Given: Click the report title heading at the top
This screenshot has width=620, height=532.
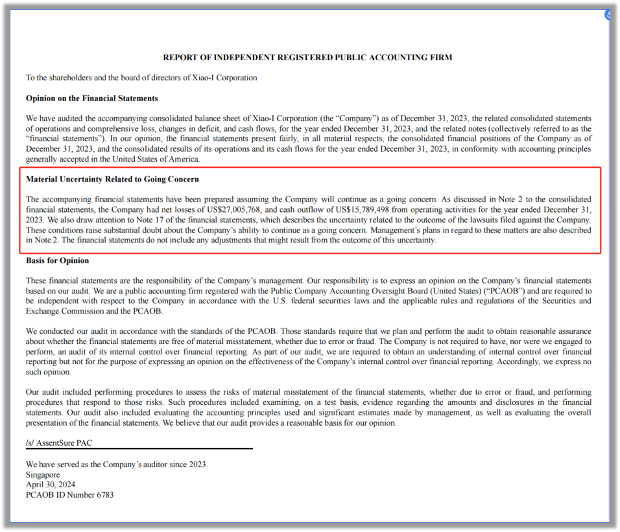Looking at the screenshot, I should pyautogui.click(x=307, y=58).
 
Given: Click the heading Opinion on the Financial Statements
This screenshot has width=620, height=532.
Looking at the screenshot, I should pyautogui.click(x=91, y=98).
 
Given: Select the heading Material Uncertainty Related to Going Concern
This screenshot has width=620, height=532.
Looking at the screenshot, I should pyautogui.click(x=112, y=179).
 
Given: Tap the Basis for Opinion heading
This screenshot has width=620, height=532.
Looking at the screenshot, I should pyautogui.click(x=58, y=260).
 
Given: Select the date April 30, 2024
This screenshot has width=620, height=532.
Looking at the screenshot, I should pyautogui.click(x=50, y=485).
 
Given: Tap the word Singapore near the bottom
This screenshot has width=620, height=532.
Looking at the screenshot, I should pyautogui.click(x=43, y=475).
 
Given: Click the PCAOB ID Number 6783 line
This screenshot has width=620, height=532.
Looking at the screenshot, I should pyautogui.click(x=69, y=495).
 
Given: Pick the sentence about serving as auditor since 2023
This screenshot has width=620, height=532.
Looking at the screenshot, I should pyautogui.click(x=117, y=465).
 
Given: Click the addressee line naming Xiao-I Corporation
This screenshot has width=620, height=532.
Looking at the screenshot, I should pyautogui.click(x=141, y=78).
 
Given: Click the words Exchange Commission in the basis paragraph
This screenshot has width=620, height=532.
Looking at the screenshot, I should pyautogui.click(x=61, y=311).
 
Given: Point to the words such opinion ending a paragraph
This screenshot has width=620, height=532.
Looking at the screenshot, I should pyautogui.click(x=48, y=372).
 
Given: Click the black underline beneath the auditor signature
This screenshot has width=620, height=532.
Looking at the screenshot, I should pyautogui.click(x=139, y=448).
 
